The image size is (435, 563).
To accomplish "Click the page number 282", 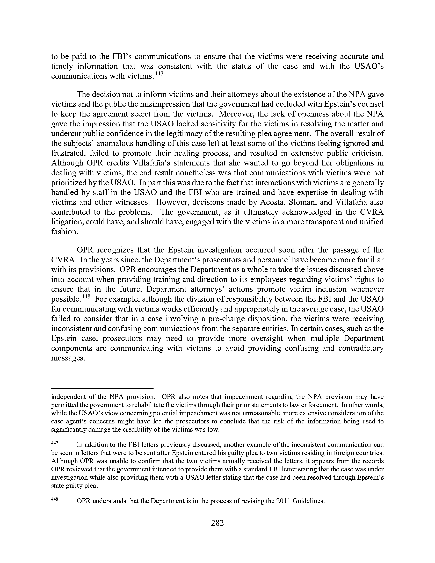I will pyautogui.click(x=217, y=523).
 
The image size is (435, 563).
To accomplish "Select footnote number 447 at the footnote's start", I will pyautogui.click(x=54, y=443).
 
